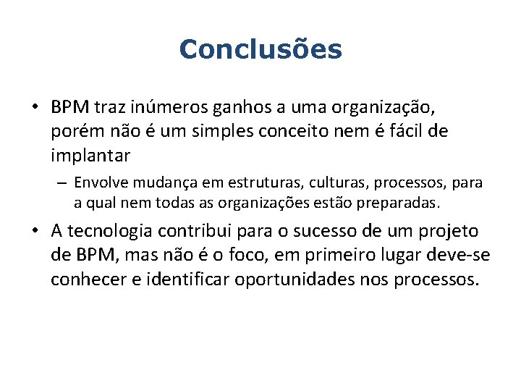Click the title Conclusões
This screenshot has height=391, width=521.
click(x=260, y=50)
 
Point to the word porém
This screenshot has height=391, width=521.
click(x=73, y=132)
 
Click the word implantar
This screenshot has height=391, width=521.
click(x=90, y=156)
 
